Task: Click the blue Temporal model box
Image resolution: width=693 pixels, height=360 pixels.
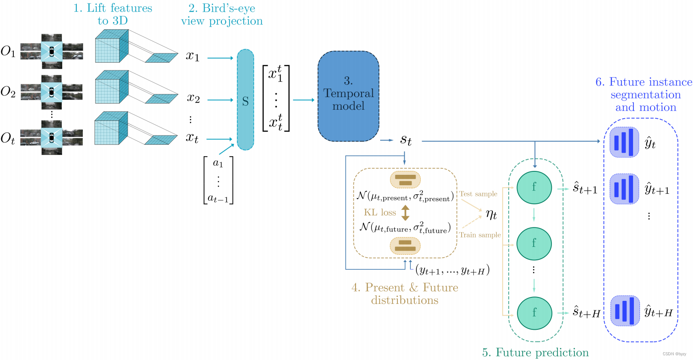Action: coord(348,96)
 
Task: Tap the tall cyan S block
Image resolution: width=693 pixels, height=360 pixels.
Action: coord(245,100)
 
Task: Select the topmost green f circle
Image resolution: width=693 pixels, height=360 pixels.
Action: coord(534,187)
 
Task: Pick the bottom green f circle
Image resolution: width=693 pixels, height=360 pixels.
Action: coord(534,313)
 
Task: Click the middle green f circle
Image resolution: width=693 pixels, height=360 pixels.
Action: coord(534,243)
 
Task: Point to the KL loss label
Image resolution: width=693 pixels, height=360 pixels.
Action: coord(380,212)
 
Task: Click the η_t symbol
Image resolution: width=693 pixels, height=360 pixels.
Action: coord(491,214)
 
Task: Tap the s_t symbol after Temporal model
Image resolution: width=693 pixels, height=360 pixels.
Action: coord(406,140)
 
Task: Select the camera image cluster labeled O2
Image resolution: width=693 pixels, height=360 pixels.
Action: coord(52,92)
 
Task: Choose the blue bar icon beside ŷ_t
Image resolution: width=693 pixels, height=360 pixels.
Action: coord(624,142)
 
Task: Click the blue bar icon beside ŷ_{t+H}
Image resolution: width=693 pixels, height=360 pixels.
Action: coord(624,311)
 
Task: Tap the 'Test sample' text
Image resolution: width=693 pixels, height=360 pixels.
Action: coord(478,194)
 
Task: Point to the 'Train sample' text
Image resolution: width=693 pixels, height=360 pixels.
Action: coord(480,235)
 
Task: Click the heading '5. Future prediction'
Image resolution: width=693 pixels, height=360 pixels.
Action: coord(535,352)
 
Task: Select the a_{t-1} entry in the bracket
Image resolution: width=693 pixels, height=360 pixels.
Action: coord(218,198)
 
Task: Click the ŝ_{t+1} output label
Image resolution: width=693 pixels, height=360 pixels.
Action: coord(585,189)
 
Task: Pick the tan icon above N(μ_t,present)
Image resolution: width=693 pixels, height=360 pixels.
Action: coord(405,180)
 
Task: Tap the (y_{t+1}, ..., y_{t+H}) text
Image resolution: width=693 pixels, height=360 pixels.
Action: coord(452,271)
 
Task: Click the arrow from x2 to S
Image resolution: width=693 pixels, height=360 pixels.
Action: coord(220,100)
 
